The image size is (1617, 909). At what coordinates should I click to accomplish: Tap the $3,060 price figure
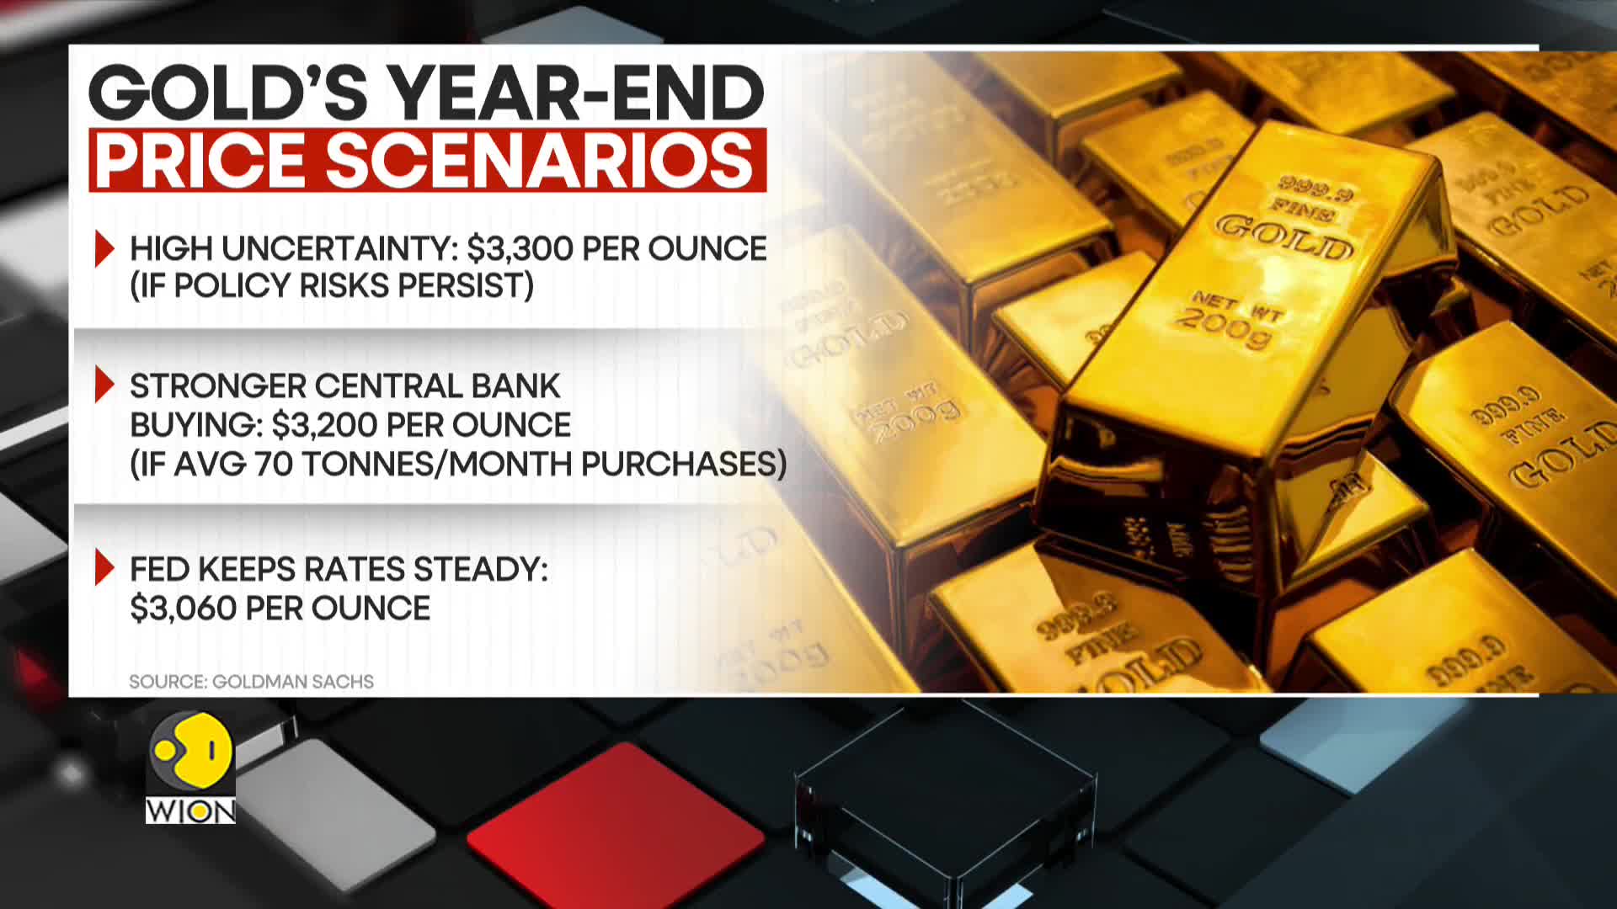coord(183,609)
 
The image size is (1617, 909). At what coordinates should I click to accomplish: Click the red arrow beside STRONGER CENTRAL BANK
coord(104,385)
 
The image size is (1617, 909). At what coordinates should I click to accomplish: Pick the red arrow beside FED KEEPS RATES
coord(104,567)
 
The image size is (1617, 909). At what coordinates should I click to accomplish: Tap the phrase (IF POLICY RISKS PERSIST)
coord(332,286)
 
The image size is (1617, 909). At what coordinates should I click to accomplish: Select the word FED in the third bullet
coord(159,570)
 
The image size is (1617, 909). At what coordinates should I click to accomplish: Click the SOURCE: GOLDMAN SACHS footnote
coord(251,682)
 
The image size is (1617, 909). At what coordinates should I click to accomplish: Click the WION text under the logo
coord(191,811)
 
